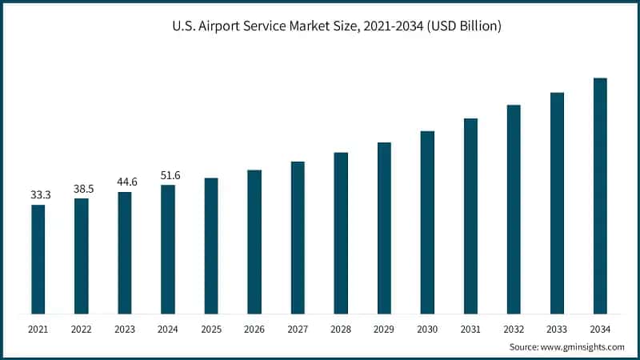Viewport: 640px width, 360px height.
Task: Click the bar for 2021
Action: coord(38,259)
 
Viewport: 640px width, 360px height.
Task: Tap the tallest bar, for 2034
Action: coord(600,196)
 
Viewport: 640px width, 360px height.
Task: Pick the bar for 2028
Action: coord(341,233)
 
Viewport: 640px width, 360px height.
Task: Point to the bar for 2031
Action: coord(470,216)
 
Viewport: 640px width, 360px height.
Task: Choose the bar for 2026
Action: coord(254,242)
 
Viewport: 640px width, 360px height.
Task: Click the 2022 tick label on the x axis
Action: coord(82,329)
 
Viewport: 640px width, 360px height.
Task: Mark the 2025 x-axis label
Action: coord(211,329)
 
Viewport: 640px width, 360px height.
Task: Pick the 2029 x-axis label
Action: coord(384,329)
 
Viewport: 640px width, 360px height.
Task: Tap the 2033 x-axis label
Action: coord(557,329)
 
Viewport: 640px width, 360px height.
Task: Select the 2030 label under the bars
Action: coord(427,329)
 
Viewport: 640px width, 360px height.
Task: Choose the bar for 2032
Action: coord(514,210)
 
